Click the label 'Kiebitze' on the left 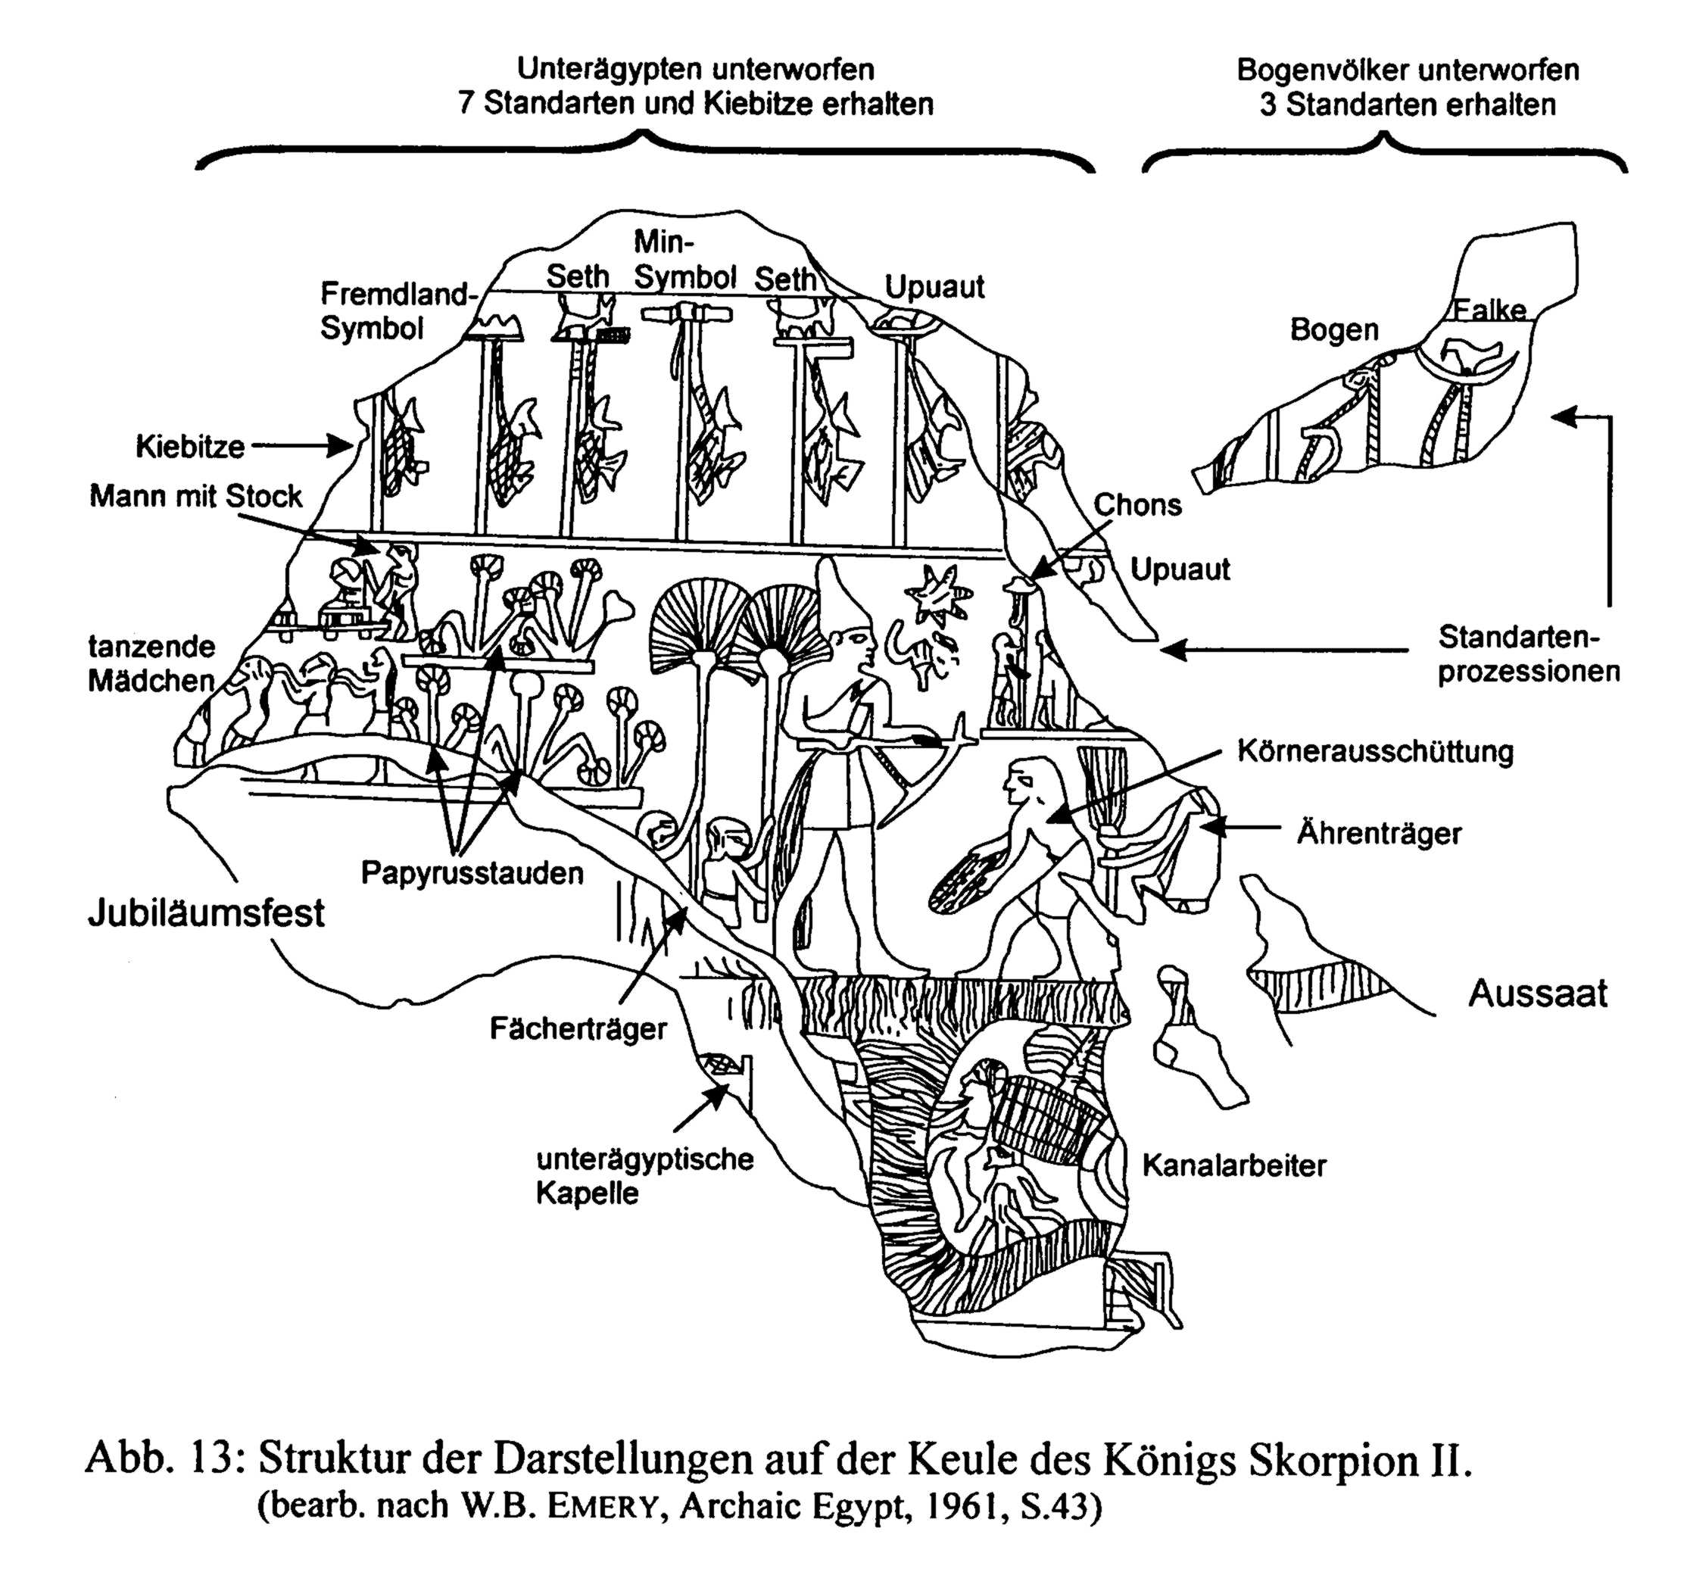[190, 447]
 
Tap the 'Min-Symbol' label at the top [684, 260]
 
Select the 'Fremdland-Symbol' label [394, 310]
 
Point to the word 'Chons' [1137, 505]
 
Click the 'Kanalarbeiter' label [1233, 1165]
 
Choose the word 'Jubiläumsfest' [206, 912]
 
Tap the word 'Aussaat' [1537, 993]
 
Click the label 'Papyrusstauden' [472, 873]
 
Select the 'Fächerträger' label [578, 1029]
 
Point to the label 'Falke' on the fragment [1489, 310]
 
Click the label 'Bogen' [1333, 329]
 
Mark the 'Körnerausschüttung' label [1375, 752]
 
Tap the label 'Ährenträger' [1379, 833]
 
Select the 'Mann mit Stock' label [196, 497]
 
